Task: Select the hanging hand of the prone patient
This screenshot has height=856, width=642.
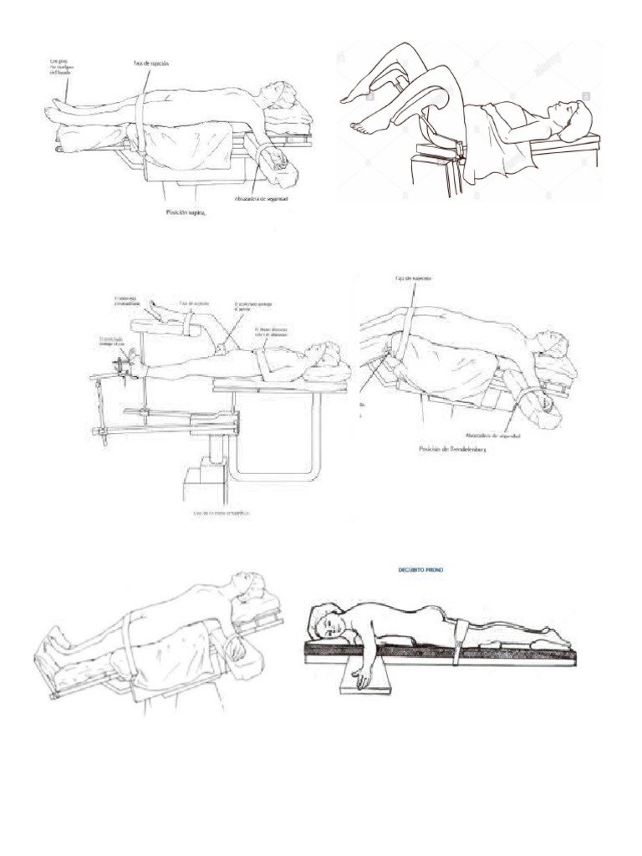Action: [360, 679]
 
